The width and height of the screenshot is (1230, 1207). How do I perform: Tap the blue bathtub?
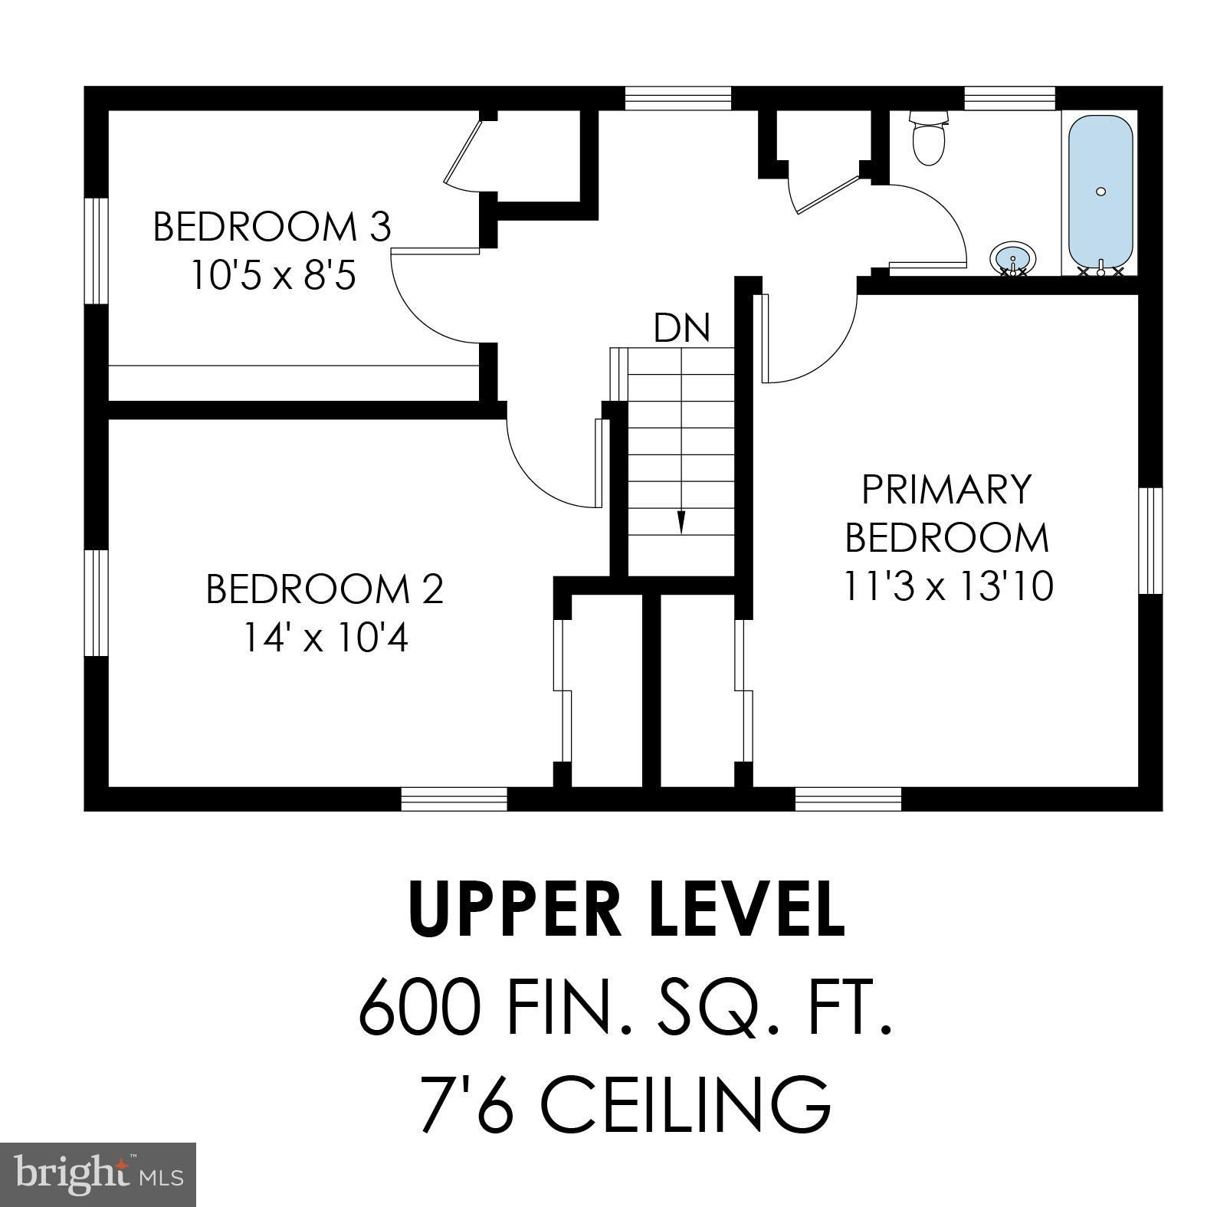(1100, 195)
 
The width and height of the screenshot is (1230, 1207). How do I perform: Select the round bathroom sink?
(1012, 258)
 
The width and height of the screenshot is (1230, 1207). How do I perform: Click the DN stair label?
(682, 328)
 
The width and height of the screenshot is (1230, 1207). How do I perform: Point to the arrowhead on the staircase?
(681, 523)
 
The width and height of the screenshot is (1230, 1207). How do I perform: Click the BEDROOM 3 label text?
(272, 227)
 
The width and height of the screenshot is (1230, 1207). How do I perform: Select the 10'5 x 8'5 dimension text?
(273, 276)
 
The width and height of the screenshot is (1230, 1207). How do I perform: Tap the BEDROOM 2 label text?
(325, 589)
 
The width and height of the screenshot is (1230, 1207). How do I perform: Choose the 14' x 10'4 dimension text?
(325, 638)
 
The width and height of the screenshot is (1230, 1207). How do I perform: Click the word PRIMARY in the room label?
(946, 490)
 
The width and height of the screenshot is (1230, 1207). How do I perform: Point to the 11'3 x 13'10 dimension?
(948, 587)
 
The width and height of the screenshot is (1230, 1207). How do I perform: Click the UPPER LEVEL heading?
(628, 909)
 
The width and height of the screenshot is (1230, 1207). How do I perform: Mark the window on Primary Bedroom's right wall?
(1150, 541)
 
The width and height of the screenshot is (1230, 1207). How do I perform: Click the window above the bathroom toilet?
(1009, 98)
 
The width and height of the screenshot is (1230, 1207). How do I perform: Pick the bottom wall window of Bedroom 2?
(454, 799)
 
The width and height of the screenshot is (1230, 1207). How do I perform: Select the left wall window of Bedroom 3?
(96, 251)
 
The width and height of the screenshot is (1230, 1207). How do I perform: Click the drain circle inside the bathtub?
(1101, 192)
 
